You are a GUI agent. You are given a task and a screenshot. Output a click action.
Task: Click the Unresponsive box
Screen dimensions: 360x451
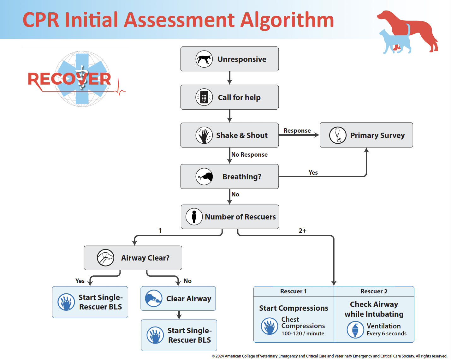(x=229, y=59)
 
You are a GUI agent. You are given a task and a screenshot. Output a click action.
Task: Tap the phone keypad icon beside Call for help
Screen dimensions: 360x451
(x=204, y=97)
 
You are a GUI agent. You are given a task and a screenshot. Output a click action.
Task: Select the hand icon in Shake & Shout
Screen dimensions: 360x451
(x=204, y=135)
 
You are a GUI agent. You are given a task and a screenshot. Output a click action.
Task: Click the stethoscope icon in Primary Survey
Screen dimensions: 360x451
(x=338, y=135)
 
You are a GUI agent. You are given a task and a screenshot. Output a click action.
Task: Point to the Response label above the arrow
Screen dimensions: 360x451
(x=297, y=131)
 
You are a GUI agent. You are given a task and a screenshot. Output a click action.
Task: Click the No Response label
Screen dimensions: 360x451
(x=249, y=155)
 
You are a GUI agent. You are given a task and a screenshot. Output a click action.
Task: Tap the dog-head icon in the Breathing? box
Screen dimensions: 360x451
(x=205, y=177)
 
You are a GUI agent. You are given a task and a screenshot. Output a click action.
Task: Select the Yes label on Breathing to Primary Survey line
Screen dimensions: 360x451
(x=313, y=172)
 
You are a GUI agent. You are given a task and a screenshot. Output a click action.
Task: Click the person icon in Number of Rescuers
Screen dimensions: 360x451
(x=194, y=217)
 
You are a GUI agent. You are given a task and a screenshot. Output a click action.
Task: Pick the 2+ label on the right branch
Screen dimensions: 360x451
(x=302, y=231)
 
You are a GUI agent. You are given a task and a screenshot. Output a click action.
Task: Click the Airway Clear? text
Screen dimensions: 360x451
(x=145, y=258)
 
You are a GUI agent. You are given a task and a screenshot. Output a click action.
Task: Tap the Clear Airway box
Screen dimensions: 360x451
(x=178, y=298)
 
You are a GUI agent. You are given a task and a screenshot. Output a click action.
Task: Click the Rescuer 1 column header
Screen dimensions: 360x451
(x=294, y=291)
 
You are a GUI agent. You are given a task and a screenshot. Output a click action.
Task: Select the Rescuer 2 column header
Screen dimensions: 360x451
(x=374, y=291)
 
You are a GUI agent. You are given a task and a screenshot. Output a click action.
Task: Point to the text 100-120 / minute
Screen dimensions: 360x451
(x=303, y=333)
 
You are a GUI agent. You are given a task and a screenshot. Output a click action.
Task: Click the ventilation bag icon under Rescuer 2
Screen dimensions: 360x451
(x=355, y=330)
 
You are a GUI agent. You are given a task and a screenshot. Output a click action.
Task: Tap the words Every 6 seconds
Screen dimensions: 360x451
(x=386, y=333)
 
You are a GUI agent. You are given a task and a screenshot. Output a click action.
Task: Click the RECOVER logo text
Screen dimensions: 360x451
(x=69, y=79)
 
